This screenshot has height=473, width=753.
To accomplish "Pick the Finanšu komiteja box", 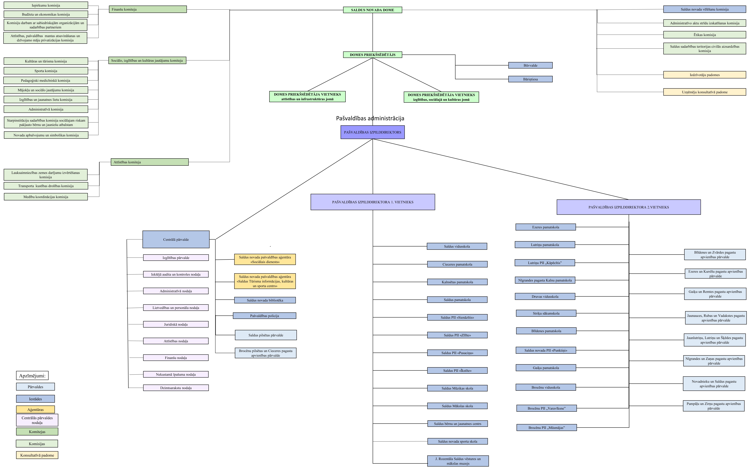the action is point(148,9).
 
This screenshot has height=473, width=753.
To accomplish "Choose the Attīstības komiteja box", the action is point(150,162).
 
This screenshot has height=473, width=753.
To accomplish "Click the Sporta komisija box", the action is point(46,71).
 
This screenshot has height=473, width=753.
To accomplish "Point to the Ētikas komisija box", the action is point(705,35).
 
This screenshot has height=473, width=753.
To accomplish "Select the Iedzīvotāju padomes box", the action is point(705,75).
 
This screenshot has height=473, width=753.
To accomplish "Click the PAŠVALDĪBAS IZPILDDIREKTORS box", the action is point(373,132).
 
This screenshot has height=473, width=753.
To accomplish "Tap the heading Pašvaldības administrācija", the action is point(370,118).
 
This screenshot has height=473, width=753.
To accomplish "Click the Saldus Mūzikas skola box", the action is point(457,388).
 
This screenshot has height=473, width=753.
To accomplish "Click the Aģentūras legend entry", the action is point(35,410).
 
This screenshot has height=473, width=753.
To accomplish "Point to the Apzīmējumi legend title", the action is point(32,376).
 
